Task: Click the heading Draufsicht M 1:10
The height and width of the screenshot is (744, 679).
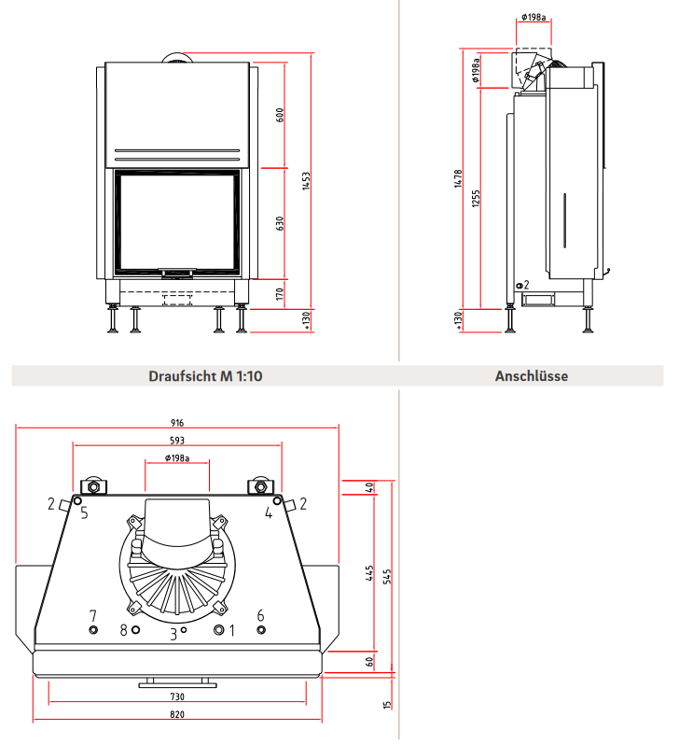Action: click(206, 377)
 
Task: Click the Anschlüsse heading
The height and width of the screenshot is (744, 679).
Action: click(531, 377)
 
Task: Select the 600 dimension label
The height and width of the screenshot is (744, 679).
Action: click(280, 116)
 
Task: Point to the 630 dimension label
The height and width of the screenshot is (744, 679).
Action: click(280, 224)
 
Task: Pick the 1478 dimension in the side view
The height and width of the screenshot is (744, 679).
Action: click(458, 178)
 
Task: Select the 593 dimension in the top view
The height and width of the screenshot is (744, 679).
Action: click(177, 441)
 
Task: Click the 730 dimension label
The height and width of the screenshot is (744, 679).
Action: click(177, 697)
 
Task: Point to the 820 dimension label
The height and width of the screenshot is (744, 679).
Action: click(177, 715)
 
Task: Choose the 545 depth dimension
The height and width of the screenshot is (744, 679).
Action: click(387, 576)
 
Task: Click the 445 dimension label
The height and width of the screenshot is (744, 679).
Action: click(370, 572)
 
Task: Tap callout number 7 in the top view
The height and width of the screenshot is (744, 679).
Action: click(92, 615)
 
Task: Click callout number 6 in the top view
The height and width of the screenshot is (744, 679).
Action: click(260, 615)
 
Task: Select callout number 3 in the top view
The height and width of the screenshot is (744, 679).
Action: click(173, 635)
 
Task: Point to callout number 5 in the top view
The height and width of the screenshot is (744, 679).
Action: click(84, 512)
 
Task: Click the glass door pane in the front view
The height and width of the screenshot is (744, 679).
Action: click(176, 222)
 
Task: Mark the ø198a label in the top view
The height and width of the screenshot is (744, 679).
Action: click(177, 457)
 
